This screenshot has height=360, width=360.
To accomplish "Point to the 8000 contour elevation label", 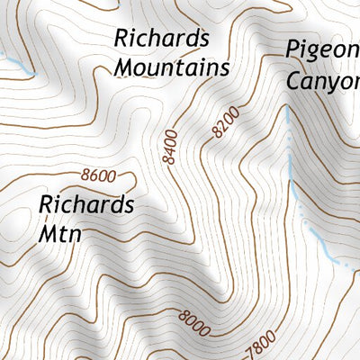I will [194, 318].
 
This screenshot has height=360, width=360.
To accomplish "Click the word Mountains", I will [171, 67].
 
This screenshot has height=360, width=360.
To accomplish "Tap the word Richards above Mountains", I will [162, 40].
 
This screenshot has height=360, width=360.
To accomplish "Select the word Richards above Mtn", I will [86, 205].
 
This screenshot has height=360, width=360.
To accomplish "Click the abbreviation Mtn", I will [60, 234].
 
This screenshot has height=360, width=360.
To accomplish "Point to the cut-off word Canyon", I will [322, 81].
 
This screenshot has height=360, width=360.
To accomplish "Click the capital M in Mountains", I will [124, 67].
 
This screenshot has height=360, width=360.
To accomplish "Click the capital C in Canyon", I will [294, 79].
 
